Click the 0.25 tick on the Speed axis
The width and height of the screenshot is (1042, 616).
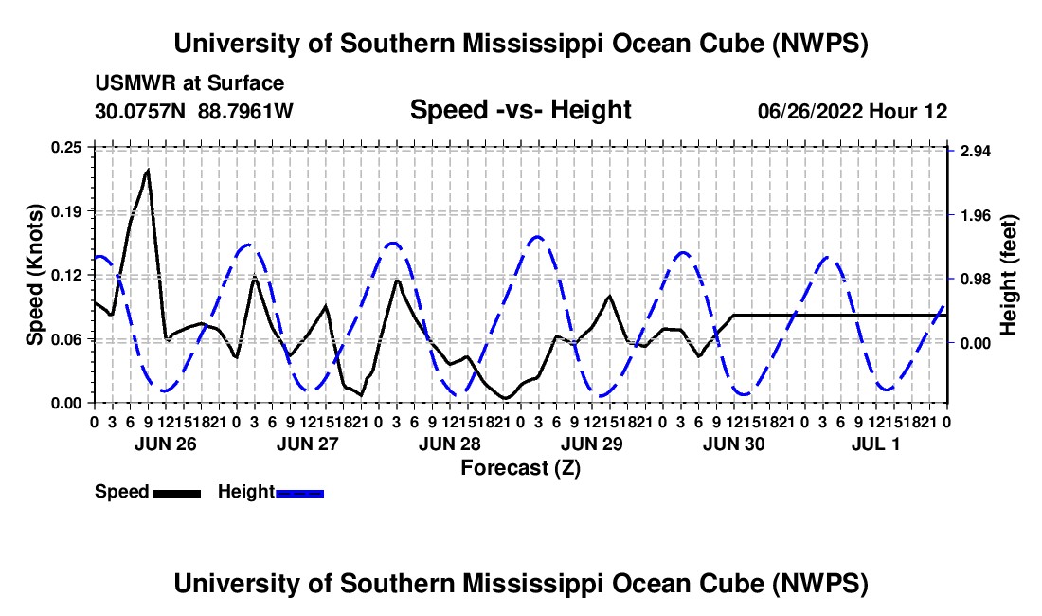65,147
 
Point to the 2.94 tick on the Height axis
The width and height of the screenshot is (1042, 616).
976,151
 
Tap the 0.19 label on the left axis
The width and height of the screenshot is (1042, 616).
65,211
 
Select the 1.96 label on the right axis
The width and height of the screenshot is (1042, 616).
976,215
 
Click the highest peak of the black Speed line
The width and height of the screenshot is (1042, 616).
148,171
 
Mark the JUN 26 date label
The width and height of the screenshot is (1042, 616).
166,444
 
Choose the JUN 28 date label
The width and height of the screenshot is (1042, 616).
449,444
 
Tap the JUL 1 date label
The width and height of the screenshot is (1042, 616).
876,444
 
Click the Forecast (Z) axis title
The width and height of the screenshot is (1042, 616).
520,468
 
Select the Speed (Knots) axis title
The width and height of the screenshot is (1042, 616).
35,275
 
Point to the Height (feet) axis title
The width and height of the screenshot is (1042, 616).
1008,275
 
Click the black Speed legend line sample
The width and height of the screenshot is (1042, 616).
177,493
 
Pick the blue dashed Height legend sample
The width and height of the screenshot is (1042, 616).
299,493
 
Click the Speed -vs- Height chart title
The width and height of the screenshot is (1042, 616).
520,110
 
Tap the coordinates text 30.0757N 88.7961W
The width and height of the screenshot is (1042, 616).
194,111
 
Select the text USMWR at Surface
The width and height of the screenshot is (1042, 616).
189,83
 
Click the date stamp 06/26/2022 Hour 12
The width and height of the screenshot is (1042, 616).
853,111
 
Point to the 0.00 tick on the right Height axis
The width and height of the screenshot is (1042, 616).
976,344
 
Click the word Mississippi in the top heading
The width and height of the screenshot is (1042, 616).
533,44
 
